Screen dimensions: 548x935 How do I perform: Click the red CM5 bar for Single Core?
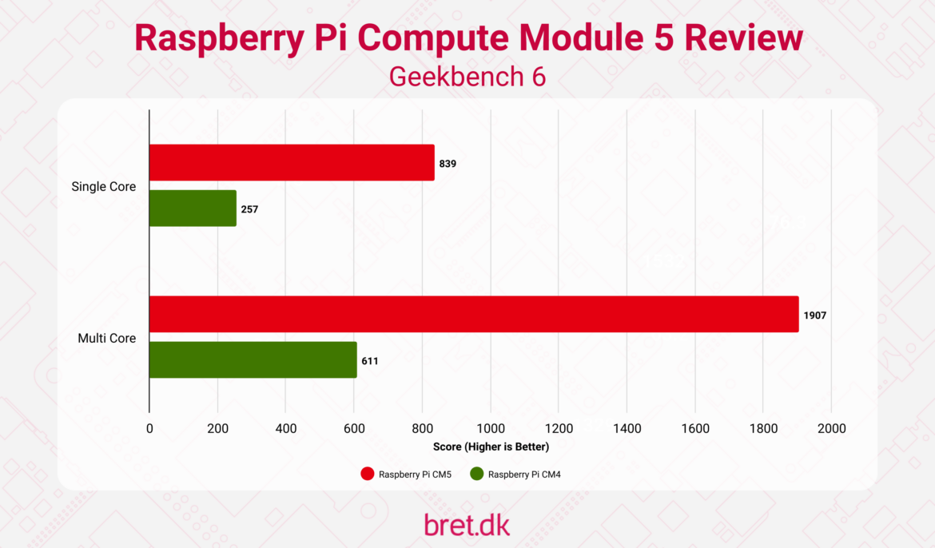pos(292,162)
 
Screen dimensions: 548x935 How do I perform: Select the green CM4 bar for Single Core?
pos(193,208)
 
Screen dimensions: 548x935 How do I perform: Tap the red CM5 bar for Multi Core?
pos(474,314)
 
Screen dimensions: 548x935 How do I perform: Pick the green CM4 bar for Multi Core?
pos(253,359)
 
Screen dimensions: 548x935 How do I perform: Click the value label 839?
pos(448,163)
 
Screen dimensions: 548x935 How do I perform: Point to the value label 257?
pos(249,209)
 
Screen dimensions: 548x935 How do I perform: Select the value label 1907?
pos(815,316)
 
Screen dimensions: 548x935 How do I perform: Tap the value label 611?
pos(370,361)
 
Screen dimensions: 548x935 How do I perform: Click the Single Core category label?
pos(104,187)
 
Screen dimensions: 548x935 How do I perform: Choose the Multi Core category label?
pos(106,339)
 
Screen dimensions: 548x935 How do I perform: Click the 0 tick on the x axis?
pos(149,429)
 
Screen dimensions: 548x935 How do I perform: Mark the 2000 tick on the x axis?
pos(831,429)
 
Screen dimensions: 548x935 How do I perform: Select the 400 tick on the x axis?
pos(286,429)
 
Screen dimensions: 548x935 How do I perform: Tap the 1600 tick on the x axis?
pos(695,429)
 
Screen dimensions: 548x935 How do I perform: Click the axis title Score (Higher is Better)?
pos(491,447)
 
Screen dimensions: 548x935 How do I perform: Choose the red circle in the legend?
pos(368,474)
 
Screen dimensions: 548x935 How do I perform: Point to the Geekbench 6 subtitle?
pos(467,77)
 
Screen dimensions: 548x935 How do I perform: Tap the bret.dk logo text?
pos(467,524)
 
